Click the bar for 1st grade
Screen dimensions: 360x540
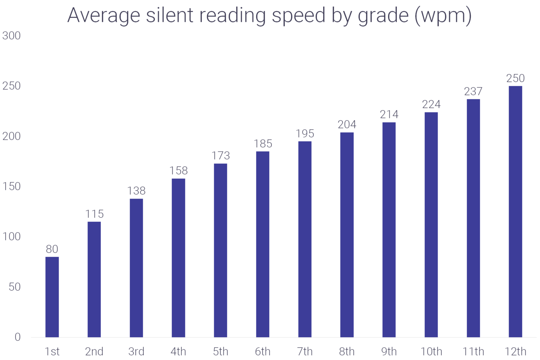(52, 297)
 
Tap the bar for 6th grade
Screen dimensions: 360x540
(263, 244)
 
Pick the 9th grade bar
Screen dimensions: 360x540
(389, 230)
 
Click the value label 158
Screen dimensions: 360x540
(179, 171)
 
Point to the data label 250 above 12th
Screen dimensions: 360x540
(515, 78)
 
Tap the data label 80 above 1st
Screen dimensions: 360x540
(52, 249)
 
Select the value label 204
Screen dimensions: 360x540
(347, 124)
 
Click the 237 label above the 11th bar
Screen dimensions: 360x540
(473, 91)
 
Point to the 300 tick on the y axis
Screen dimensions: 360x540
(12, 36)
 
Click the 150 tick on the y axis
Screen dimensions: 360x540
(12, 186)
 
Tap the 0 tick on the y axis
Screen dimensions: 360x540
(18, 337)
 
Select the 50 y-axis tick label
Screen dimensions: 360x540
(15, 287)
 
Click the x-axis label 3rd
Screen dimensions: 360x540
(136, 352)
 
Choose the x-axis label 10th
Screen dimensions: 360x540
(431, 352)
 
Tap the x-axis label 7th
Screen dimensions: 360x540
(305, 352)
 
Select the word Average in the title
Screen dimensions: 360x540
(104, 16)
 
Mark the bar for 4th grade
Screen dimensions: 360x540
(179, 258)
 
